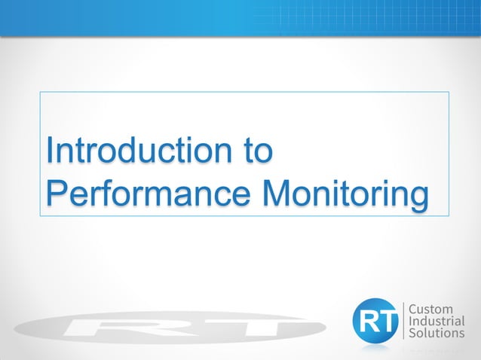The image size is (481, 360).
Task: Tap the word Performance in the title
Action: pyautogui.click(x=148, y=193)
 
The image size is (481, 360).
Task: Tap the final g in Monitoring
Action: pyautogui.click(x=419, y=196)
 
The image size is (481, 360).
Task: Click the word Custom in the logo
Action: pyautogui.click(x=430, y=310)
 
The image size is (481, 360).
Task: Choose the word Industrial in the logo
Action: pyautogui.click(x=437, y=322)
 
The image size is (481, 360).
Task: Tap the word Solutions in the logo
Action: pyautogui.click(x=437, y=333)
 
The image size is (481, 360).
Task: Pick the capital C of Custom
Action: pyautogui.click(x=412, y=310)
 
